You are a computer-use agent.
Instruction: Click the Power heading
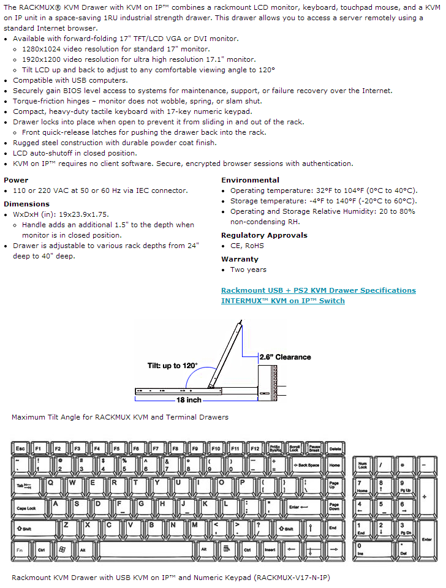click(x=16, y=180)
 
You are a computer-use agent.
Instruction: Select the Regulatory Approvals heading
click(x=264, y=235)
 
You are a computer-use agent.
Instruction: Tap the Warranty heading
click(x=240, y=259)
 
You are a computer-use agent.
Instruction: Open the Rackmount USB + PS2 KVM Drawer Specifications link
click(x=318, y=290)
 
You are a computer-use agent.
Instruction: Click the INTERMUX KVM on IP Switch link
click(x=282, y=301)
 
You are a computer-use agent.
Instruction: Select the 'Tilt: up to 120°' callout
click(x=172, y=366)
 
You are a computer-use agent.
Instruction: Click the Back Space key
click(x=308, y=466)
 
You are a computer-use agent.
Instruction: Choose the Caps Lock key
click(x=28, y=508)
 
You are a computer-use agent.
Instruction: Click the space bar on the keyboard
click(x=146, y=550)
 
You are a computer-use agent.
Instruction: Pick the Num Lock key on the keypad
click(x=363, y=466)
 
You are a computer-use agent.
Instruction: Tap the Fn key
click(x=20, y=550)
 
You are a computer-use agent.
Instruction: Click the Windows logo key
click(x=61, y=550)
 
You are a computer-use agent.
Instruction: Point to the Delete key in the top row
click(x=334, y=449)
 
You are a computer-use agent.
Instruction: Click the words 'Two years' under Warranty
click(x=248, y=269)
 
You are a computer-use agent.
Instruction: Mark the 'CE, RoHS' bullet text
click(x=247, y=246)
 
